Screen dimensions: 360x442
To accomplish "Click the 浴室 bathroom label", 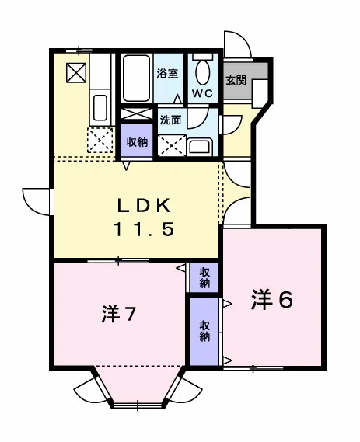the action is (x=168, y=73).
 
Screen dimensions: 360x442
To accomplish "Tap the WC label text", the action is (x=202, y=93).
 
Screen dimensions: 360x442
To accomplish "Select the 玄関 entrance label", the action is (x=236, y=81).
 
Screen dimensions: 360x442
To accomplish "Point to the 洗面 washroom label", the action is (x=170, y=120).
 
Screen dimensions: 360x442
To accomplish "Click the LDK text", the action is (x=144, y=206).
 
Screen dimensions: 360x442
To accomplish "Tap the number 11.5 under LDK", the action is (x=143, y=229).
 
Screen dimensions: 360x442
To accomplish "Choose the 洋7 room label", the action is (x=119, y=314).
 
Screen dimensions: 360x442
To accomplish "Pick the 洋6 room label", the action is (x=272, y=299).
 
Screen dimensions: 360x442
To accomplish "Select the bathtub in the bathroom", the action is (x=136, y=78).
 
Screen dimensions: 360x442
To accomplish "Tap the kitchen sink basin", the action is (x=100, y=107).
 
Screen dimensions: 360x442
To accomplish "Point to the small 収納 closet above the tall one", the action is (x=204, y=278).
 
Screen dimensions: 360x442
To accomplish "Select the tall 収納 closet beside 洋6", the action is (x=204, y=332).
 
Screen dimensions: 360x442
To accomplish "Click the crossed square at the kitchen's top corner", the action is (x=76, y=73).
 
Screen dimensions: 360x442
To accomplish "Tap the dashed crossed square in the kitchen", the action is (x=100, y=140).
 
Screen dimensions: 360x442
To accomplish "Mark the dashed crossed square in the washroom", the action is (x=172, y=145).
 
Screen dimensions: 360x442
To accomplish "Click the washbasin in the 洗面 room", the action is (x=200, y=147).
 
